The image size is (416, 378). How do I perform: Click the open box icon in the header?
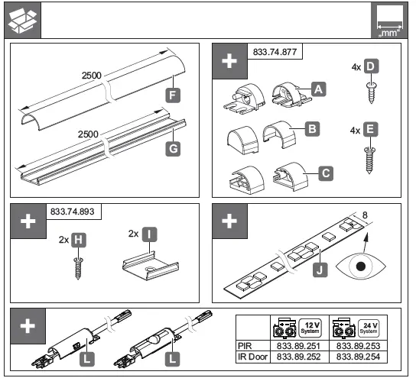(21, 21)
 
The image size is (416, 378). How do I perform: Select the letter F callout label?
(174, 97)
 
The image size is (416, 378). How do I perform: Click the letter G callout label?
(174, 150)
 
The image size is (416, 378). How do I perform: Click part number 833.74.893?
(74, 211)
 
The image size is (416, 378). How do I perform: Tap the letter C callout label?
(326, 173)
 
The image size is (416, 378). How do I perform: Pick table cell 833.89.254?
(358, 356)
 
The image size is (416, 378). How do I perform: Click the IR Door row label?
(253, 356)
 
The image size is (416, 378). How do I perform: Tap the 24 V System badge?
(369, 328)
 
